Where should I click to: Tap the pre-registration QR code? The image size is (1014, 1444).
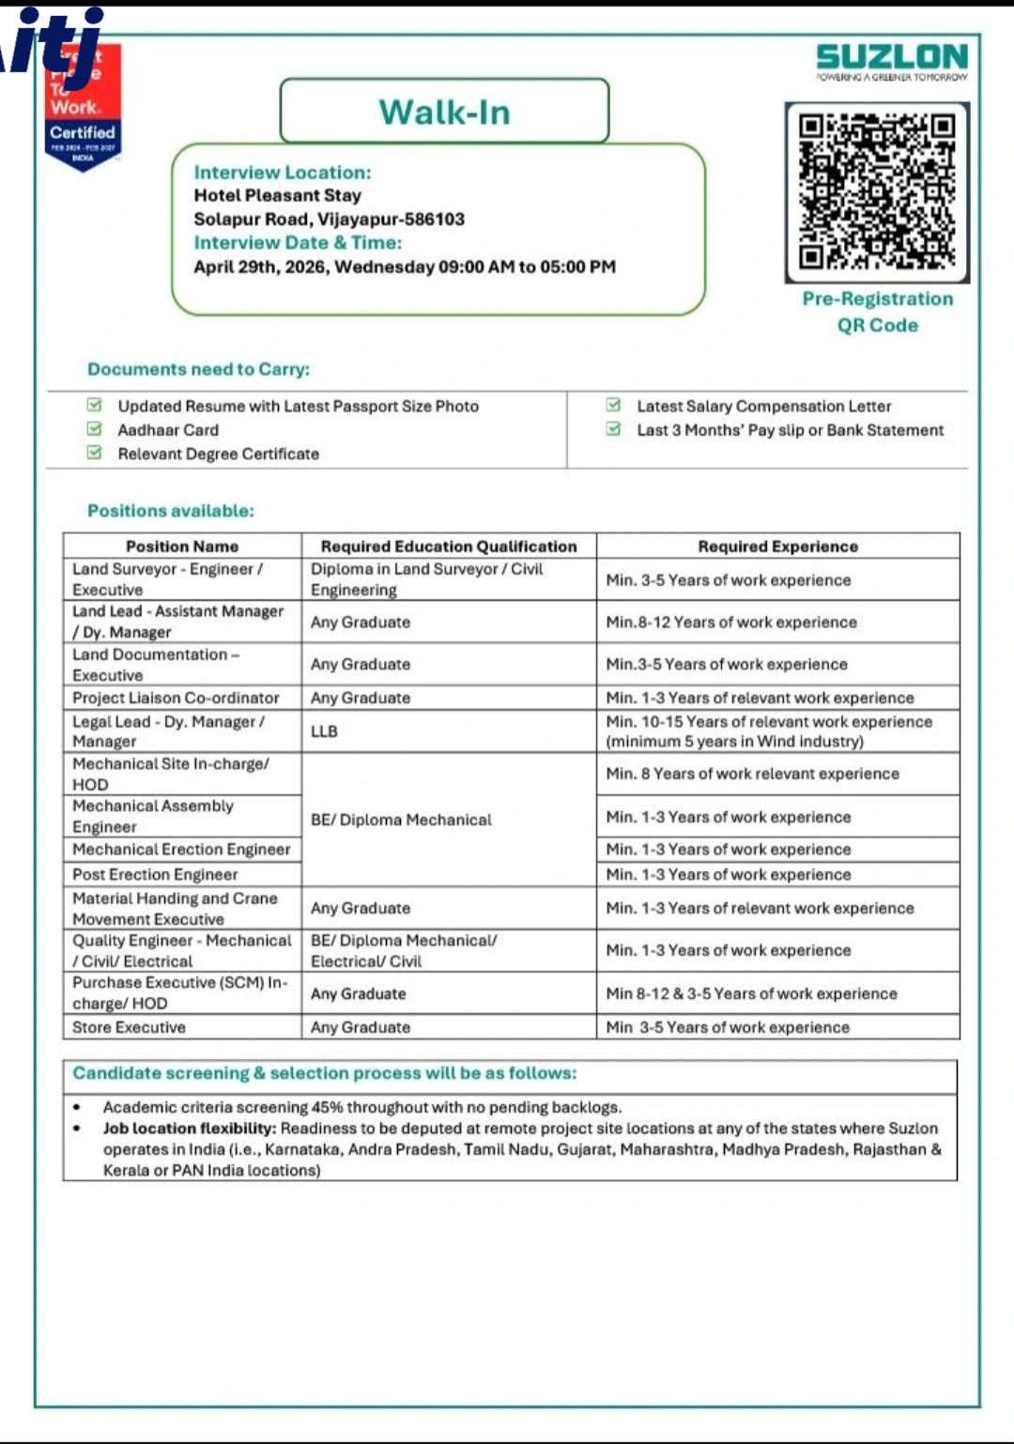pos(877,192)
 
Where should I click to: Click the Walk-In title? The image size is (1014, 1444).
pos(444,112)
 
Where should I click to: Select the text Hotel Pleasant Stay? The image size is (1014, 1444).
pos(277,195)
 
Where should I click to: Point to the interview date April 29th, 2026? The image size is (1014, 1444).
pos(262,267)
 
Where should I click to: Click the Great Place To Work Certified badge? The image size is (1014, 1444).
pos(84,108)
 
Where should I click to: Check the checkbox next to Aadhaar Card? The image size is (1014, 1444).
pos(94,429)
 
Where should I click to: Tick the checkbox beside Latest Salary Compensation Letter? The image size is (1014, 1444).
pos(613,406)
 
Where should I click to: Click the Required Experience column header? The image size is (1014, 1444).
pos(777,545)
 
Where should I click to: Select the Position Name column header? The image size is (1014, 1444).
pos(182,545)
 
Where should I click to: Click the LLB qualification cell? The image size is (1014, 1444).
pos(324,730)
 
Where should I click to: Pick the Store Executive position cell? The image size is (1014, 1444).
pos(129,1027)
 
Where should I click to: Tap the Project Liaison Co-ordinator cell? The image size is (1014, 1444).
pos(176,698)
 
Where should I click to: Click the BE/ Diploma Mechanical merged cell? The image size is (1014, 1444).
pos(401,820)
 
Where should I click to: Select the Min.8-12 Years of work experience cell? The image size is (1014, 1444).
pos(731,622)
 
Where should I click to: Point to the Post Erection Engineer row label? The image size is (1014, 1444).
pos(155,874)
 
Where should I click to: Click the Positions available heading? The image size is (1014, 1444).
pos(170,511)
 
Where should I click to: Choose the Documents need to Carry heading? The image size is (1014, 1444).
pos(198,369)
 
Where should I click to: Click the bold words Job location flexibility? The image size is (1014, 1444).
pos(190,1128)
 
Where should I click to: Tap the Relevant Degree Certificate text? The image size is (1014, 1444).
pos(218,453)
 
